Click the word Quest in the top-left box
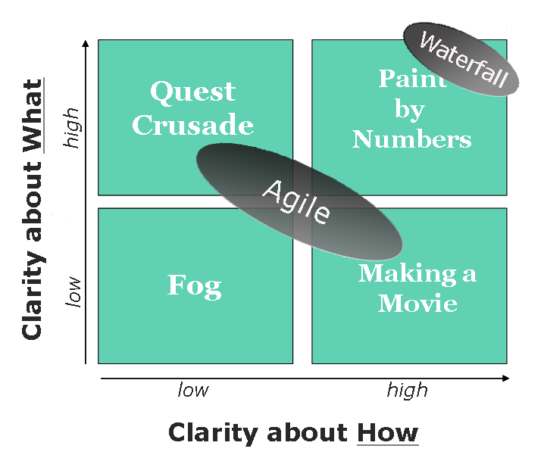tap(193, 92)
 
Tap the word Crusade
tap(193, 124)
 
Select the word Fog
tap(194, 286)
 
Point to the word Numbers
tap(412, 139)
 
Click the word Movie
tap(417, 303)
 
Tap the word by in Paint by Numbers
tap(410, 110)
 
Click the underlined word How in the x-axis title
tap(388, 433)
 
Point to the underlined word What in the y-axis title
tap(33, 116)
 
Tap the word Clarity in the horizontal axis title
tap(213, 433)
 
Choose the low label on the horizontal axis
tap(193, 390)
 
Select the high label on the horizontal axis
tap(408, 391)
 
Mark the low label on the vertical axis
tap(73, 291)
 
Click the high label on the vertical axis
tap(72, 128)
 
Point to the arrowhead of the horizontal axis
tap(506, 379)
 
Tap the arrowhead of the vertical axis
tap(86, 43)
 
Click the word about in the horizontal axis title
tap(308, 433)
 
